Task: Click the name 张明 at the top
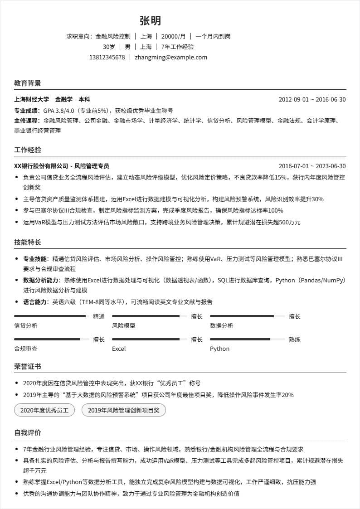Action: [x=150, y=21]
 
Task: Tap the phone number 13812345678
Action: [x=107, y=58]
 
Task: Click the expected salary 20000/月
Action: [x=173, y=36]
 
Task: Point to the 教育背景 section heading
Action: [x=27, y=83]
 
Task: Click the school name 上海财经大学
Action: [x=32, y=100]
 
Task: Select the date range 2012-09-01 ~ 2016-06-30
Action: [x=312, y=100]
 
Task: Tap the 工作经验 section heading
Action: [x=27, y=150]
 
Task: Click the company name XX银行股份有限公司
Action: [x=41, y=166]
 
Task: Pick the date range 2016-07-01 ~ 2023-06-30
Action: [x=312, y=166]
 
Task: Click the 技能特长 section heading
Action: [x=27, y=242]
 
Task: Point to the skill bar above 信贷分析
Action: [x=50, y=316]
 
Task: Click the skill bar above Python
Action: [x=247, y=339]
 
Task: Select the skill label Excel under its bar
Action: [x=119, y=349]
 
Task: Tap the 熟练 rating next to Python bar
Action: [x=295, y=339]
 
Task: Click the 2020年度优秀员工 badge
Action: [x=44, y=411]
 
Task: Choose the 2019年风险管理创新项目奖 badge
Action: [x=124, y=411]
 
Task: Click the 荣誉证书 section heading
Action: [x=27, y=367]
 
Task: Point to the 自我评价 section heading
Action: [x=27, y=433]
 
